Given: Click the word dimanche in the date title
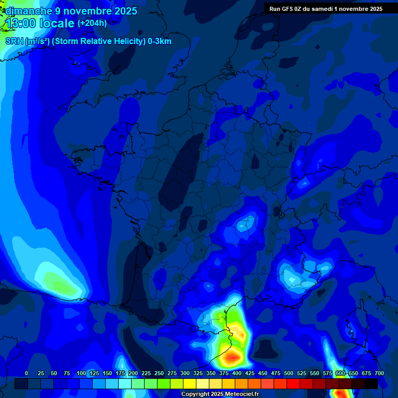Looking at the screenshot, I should click(x=28, y=11).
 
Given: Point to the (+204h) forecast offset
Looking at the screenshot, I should click(x=92, y=23).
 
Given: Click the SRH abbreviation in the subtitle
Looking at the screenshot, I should click(x=14, y=41).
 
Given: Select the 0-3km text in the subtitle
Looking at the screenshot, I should click(x=160, y=41).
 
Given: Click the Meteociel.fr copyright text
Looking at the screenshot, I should click(x=220, y=394).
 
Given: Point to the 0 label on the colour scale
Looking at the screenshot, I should click(x=26, y=374).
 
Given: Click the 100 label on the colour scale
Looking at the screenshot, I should click(x=81, y=374).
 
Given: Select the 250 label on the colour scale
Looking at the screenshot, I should click(x=159, y=374).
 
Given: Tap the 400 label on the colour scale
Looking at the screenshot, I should click(x=237, y=374).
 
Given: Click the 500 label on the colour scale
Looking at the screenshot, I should click(x=289, y=374).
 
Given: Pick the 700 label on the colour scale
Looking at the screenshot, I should click(x=379, y=374).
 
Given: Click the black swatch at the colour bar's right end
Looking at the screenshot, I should click(x=371, y=383).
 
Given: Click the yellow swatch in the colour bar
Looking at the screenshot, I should click(x=190, y=383).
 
